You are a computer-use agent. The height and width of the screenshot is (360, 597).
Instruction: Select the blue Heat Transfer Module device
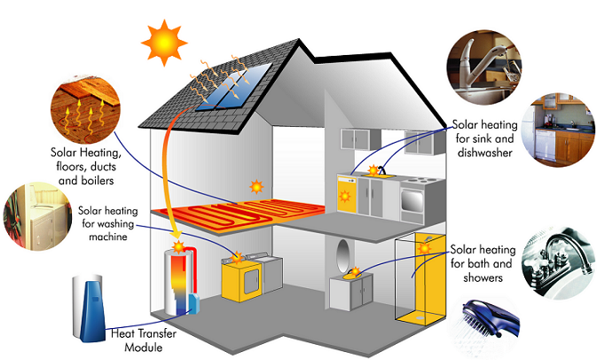88,300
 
